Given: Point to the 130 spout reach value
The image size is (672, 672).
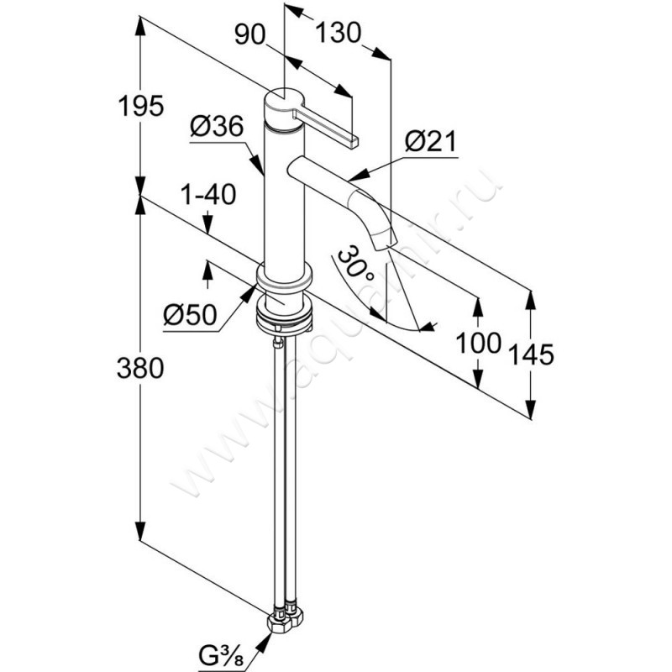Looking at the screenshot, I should pyautogui.click(x=339, y=34).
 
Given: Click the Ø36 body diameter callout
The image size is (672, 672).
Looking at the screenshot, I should pyautogui.click(x=216, y=128).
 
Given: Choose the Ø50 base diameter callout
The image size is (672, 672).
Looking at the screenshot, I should pyautogui.click(x=190, y=315).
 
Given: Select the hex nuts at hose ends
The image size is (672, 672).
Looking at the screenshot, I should pyautogui.click(x=282, y=622).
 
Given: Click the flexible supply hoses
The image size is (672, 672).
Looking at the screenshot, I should pyautogui.click(x=282, y=470).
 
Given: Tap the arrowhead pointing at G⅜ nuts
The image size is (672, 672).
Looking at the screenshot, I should pyautogui.click(x=266, y=639).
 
